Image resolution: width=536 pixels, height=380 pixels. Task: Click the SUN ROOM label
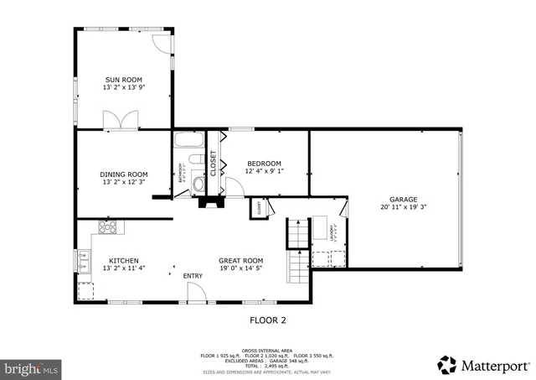(123, 80)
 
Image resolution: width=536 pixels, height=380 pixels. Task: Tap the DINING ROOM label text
(123, 174)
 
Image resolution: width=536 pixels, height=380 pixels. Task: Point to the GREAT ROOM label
(241, 261)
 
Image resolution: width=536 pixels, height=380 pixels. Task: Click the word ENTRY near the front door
(193, 275)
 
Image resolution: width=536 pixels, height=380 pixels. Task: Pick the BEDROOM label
(263, 164)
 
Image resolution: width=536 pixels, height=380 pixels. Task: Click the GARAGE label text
(403, 200)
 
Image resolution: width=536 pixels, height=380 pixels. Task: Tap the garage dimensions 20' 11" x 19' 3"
(403, 207)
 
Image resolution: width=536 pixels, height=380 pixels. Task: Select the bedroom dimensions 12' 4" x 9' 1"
(263, 171)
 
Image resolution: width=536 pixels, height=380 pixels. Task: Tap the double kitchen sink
(84, 262)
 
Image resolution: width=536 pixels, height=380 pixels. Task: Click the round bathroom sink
(198, 184)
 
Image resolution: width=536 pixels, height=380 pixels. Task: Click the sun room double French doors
(124, 121)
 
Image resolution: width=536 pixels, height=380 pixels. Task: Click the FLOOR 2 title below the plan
(268, 320)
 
